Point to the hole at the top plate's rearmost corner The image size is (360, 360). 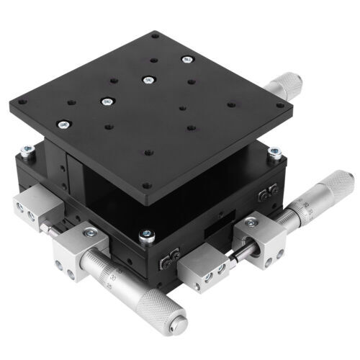click(156, 33)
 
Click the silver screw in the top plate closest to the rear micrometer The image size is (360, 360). click(187, 59)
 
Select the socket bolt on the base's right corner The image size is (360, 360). click(274, 152)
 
